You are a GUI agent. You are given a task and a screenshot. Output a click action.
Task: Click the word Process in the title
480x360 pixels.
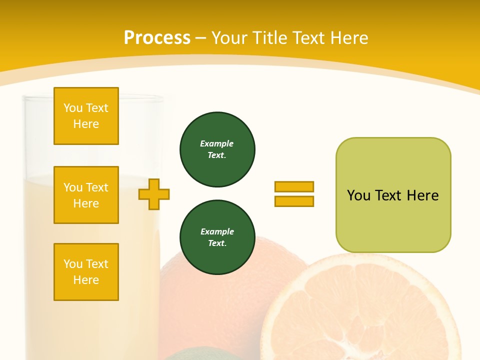[157, 38]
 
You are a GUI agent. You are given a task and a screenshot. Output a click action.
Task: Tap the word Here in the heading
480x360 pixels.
[349, 38]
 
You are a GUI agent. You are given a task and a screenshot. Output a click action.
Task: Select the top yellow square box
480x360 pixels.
[86, 116]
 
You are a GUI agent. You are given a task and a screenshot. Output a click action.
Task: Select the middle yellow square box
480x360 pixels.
[86, 195]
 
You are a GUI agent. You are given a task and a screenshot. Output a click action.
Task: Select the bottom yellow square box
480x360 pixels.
[86, 272]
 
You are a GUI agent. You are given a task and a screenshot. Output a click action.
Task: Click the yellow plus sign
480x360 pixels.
[154, 194]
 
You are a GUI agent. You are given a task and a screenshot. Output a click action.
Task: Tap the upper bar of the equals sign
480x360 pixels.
[294, 186]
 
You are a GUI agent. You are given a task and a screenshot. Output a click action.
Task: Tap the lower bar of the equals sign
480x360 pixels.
[294, 201]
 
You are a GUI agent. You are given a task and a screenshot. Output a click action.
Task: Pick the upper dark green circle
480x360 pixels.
[217, 149]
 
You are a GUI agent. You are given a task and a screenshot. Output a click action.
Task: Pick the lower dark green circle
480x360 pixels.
[217, 237]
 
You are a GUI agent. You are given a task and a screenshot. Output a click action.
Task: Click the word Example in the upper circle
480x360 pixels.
[216, 143]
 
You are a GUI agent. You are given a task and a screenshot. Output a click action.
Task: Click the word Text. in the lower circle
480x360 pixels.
[217, 243]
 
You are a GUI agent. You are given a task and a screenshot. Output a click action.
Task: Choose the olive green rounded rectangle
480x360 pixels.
[393, 195]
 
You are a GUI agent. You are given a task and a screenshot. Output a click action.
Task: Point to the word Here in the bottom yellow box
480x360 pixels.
[86, 280]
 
